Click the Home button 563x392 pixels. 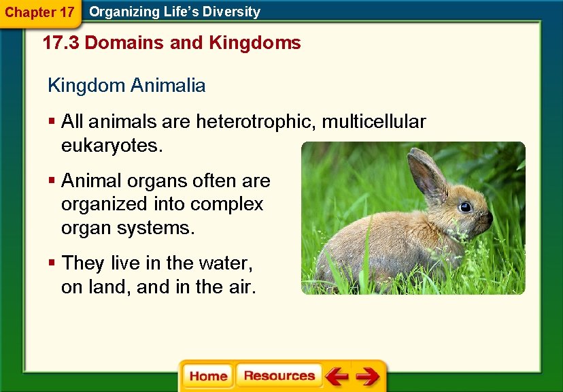[x=208, y=376]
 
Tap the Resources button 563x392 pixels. [x=279, y=376]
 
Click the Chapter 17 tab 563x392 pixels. [x=39, y=12]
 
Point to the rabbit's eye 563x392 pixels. [x=465, y=207]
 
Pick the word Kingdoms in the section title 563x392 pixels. [x=255, y=43]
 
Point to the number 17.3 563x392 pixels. [x=61, y=43]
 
